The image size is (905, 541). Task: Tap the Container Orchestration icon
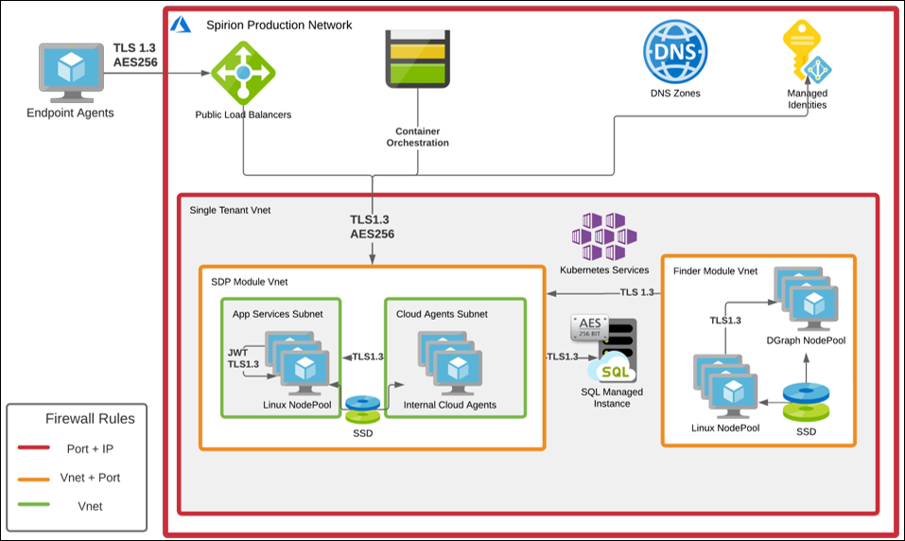coord(416,59)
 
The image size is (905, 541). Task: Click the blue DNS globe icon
coord(675,49)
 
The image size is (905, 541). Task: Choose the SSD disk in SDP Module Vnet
coord(362,408)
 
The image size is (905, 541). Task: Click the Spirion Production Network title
coord(279,25)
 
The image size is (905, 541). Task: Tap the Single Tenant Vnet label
coord(231,210)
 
